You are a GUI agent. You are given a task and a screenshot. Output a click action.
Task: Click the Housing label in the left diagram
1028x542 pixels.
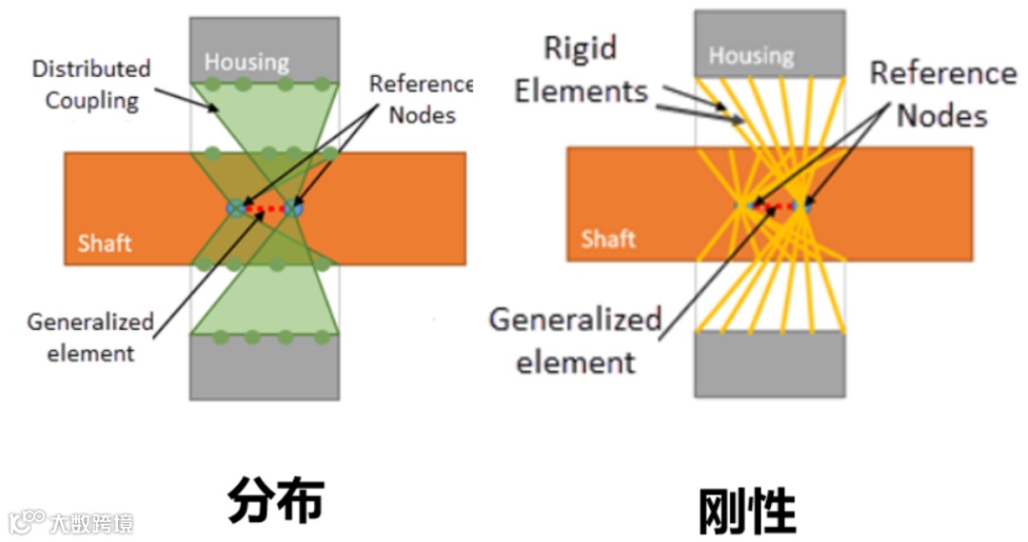click(x=247, y=63)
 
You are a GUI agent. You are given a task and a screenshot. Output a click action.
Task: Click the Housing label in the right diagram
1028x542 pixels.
click(x=751, y=56)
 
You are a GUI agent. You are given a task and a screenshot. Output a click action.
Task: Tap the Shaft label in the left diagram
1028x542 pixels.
click(x=105, y=242)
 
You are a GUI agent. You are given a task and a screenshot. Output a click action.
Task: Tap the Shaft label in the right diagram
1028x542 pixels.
click(x=608, y=238)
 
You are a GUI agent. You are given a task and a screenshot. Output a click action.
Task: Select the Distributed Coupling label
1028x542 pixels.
click(x=91, y=84)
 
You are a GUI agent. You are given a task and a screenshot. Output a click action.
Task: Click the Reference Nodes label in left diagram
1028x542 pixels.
click(x=421, y=99)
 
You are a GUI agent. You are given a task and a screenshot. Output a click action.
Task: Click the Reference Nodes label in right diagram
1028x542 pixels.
click(x=942, y=94)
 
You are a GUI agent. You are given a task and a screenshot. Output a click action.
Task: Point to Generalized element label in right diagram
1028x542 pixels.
click(x=575, y=339)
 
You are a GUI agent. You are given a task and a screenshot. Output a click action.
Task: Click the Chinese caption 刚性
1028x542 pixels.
click(x=746, y=511)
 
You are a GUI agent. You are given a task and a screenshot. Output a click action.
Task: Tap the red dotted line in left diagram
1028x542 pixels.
click(x=265, y=207)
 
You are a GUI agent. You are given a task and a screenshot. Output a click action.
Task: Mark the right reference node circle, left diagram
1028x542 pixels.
click(x=294, y=207)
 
